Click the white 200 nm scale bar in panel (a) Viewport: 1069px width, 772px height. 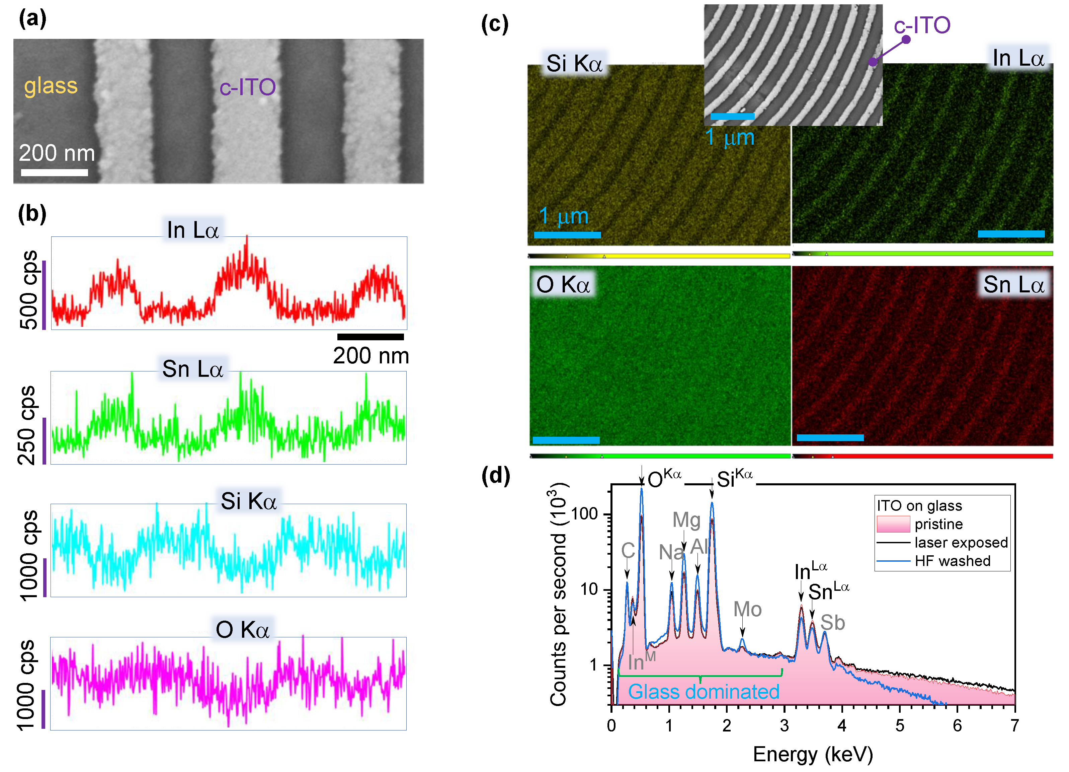[x=54, y=172]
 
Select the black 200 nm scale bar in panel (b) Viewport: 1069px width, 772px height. [x=371, y=337]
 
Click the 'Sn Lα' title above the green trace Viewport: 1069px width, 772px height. [x=192, y=369]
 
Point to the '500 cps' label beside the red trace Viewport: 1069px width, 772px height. [x=28, y=290]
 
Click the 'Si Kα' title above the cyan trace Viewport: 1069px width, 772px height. [x=248, y=501]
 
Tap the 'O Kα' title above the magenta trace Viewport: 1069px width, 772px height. [x=242, y=630]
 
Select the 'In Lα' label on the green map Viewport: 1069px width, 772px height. [x=1018, y=59]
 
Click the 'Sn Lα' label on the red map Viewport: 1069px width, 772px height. [x=1013, y=285]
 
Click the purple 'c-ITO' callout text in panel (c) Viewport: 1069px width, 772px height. [x=921, y=25]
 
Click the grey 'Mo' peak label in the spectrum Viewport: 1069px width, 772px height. [x=747, y=610]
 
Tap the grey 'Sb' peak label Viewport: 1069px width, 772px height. [x=832, y=623]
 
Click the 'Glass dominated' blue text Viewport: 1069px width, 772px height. [x=703, y=692]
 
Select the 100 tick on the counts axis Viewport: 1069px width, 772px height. [x=585, y=514]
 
